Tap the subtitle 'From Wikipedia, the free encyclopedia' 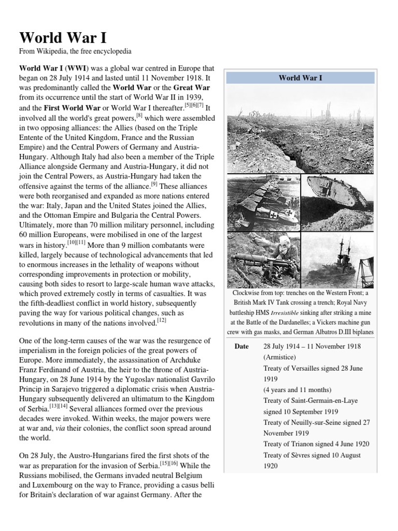(76, 52)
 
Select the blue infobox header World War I (301, 78)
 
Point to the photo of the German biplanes (263, 202)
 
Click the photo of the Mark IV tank (338, 202)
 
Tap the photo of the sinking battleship (338, 259)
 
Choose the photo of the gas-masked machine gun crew (263, 259)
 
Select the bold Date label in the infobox (242, 346)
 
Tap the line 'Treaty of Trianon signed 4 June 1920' (317, 444)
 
